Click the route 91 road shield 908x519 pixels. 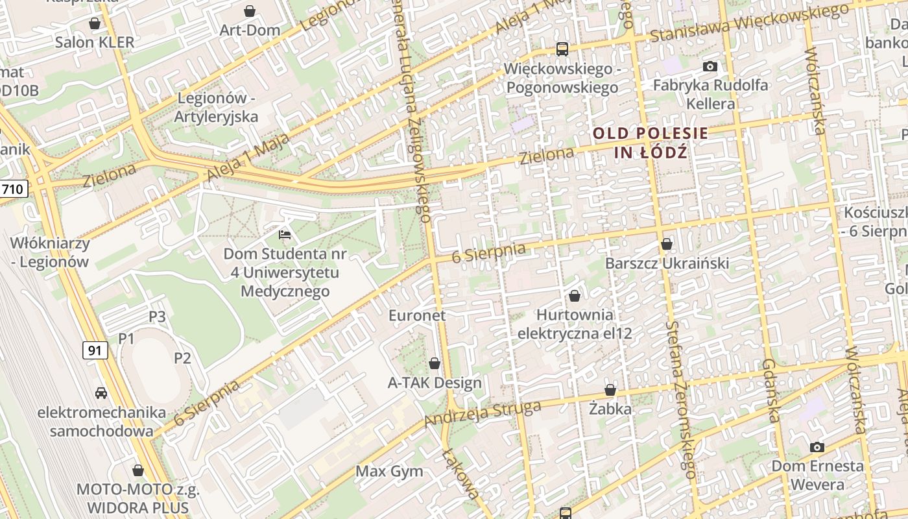tap(95, 350)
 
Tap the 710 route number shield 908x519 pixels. tap(14, 189)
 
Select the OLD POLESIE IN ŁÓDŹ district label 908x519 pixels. tap(651, 143)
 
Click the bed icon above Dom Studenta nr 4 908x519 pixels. tap(285, 234)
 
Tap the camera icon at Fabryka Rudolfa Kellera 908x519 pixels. tap(710, 66)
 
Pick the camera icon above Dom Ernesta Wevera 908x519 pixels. tap(817, 447)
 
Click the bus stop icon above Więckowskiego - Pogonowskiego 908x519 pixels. tap(562, 49)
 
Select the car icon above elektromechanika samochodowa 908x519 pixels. tap(101, 392)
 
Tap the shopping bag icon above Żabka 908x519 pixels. tap(610, 390)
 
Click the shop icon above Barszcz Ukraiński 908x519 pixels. tap(667, 244)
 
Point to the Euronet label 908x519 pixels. tap(417, 315)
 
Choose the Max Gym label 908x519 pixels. tap(389, 472)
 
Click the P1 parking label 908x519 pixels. tap(126, 338)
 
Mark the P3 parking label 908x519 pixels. tap(157, 317)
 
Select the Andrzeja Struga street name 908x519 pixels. tap(483, 414)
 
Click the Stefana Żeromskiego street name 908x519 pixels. tap(681, 400)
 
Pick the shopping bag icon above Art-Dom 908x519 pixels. tap(250, 11)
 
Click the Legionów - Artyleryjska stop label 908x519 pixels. tap(216, 108)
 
